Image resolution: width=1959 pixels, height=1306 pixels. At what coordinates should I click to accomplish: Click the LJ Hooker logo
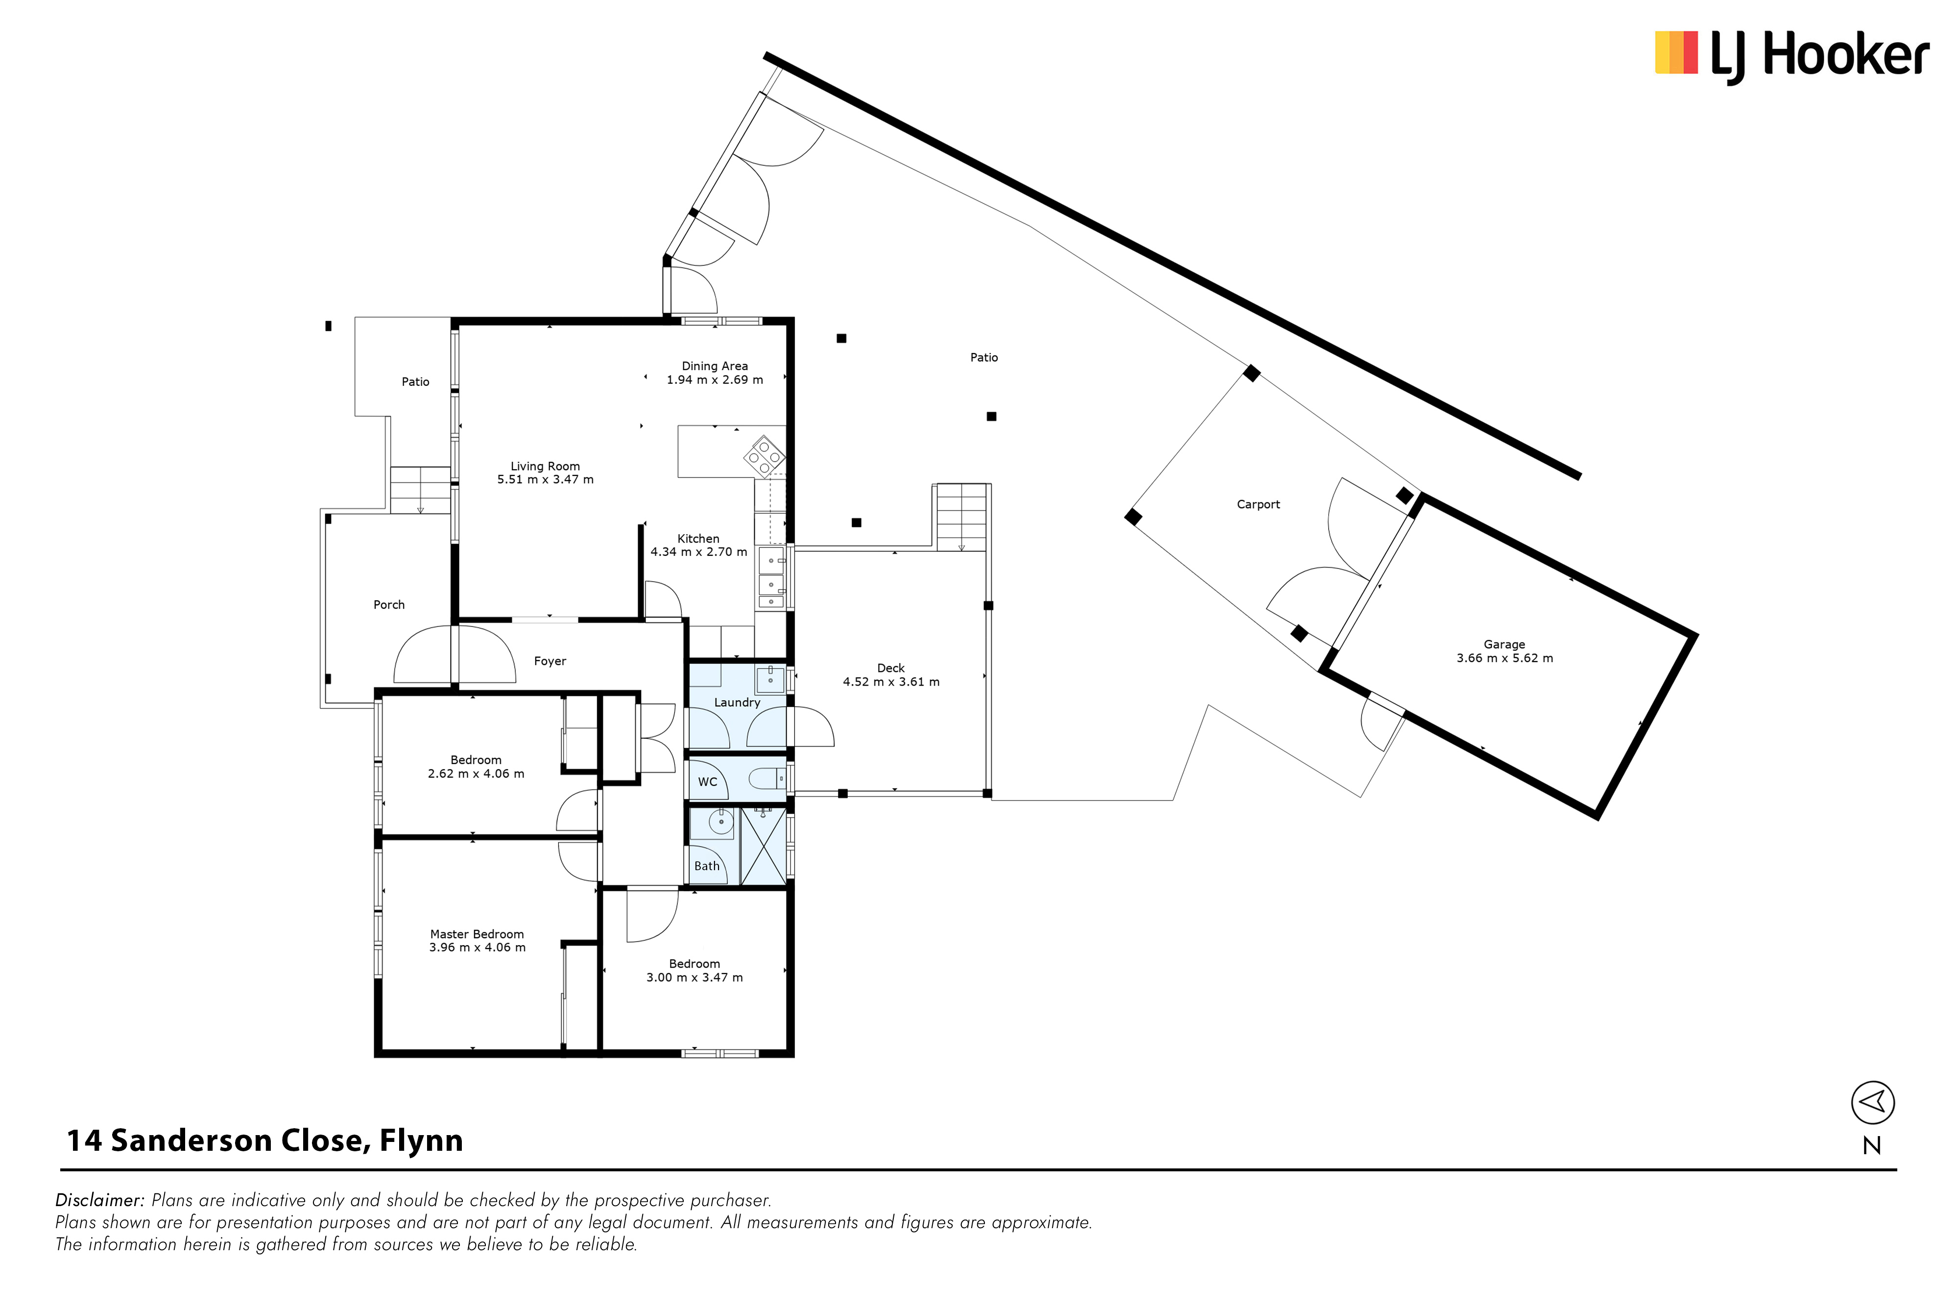1792,56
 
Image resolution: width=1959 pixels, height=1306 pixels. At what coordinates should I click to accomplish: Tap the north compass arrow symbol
1872,1103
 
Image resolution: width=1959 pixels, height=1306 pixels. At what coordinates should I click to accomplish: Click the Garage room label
1504,644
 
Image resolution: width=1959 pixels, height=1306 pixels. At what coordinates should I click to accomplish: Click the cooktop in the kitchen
764,456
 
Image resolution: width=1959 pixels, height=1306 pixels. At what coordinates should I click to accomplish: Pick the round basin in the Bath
720,823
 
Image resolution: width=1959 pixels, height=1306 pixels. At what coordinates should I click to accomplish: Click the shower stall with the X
763,845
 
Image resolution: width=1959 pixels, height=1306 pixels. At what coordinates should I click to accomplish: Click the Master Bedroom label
477,934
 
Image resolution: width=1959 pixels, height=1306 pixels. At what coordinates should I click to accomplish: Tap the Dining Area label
715,366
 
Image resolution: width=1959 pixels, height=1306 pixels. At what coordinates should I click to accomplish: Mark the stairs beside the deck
962,517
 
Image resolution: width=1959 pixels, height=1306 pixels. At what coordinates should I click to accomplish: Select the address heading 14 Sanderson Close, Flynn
265,1141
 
